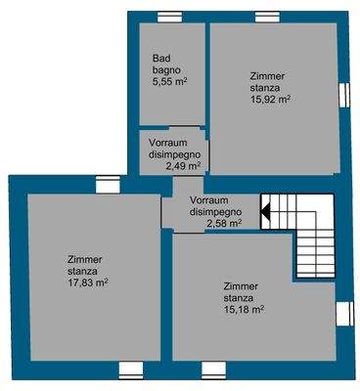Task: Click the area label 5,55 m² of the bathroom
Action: (169, 83)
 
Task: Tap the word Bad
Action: (160, 60)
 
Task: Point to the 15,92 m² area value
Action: (270, 99)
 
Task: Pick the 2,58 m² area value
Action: (224, 223)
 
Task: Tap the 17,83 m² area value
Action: (87, 282)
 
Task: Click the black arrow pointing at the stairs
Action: (264, 208)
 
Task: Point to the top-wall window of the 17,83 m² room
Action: (104, 181)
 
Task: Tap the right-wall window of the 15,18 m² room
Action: (342, 313)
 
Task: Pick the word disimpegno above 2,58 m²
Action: (216, 211)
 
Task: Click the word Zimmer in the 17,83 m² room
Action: (85, 259)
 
